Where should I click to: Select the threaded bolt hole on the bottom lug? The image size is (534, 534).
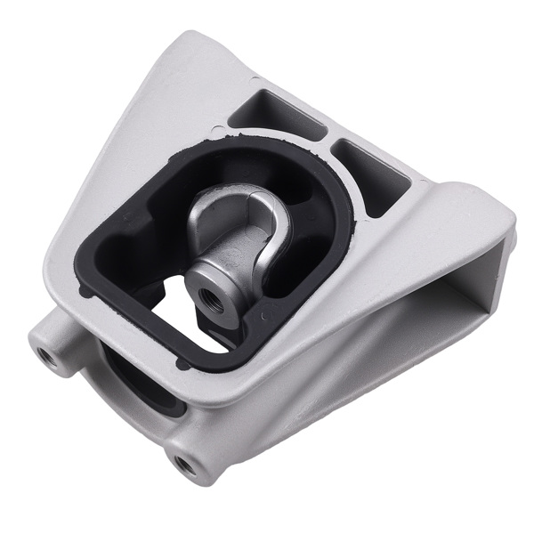click(184, 463)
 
